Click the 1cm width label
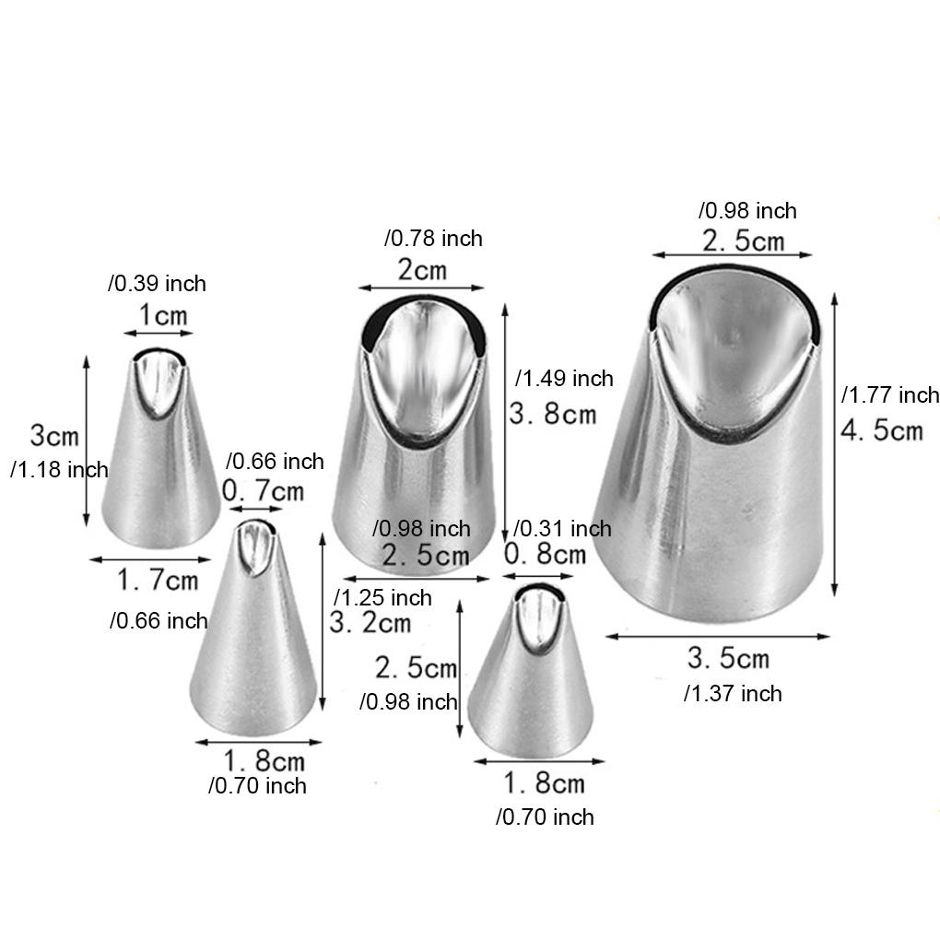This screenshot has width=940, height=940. coord(163,315)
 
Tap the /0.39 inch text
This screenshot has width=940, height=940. coord(157,283)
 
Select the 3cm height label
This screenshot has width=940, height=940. coord(54,435)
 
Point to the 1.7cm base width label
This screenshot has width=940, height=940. coord(157,580)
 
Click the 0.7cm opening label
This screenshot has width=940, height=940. coord(264,490)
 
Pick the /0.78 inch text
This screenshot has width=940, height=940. coord(433,238)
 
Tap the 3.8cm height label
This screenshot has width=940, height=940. coord(553,414)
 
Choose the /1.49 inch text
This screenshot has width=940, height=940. coord(564,378)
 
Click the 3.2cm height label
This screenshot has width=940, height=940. coord(370,622)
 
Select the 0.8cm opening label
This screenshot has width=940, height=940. coord(545,553)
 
